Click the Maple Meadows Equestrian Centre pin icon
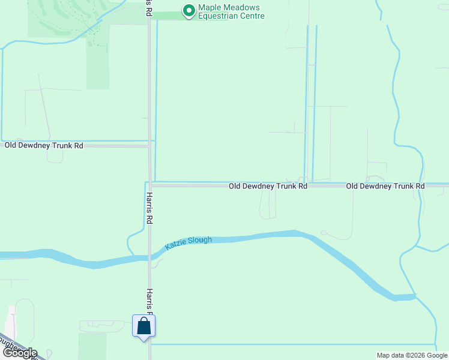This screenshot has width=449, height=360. click(x=189, y=11)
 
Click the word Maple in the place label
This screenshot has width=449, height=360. click(x=210, y=7)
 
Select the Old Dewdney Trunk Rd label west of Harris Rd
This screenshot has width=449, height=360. click(x=44, y=145)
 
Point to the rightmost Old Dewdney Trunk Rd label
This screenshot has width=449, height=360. click(x=385, y=186)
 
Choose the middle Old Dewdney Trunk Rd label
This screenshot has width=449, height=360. click(x=268, y=186)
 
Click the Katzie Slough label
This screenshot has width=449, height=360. click(x=188, y=242)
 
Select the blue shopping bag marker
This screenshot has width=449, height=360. click(x=143, y=326)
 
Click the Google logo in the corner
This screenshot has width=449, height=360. click(x=19, y=353)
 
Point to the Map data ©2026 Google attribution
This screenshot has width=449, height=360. click(x=412, y=355)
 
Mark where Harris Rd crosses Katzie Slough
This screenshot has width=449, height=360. click(x=150, y=257)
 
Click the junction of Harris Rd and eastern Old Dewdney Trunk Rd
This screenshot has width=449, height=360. click(x=150, y=185)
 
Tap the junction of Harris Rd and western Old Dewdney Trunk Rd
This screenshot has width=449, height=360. click(x=149, y=145)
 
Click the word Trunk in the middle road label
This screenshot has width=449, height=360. click(x=282, y=186)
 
